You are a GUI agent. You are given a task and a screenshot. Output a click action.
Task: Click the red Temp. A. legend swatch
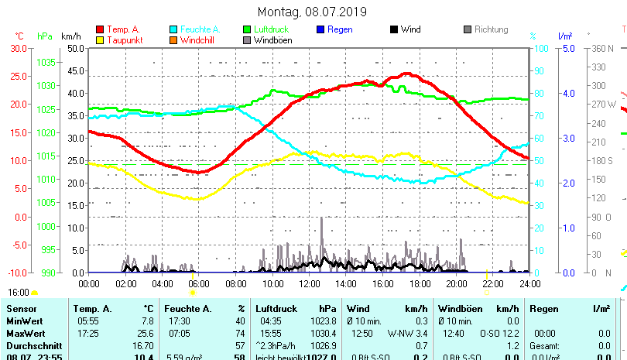pyautogui.click(x=100, y=29)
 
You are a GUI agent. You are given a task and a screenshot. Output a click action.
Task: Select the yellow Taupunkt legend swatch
pyautogui.click(x=100, y=39)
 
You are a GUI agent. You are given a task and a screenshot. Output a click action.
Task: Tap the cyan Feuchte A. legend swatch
pyautogui.click(x=173, y=29)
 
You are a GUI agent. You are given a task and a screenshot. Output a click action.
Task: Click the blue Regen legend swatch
pyautogui.click(x=320, y=29)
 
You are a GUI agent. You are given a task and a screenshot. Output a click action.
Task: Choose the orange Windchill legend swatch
pyautogui.click(x=173, y=39)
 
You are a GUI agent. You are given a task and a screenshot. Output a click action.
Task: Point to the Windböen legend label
pyautogui.click(x=272, y=39)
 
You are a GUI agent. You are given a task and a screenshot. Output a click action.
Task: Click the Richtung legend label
pyautogui.click(x=491, y=29)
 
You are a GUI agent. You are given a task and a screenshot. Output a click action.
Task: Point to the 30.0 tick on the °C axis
pyautogui.click(x=19, y=48)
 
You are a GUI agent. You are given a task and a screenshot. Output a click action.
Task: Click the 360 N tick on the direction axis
pyautogui.click(x=603, y=48)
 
